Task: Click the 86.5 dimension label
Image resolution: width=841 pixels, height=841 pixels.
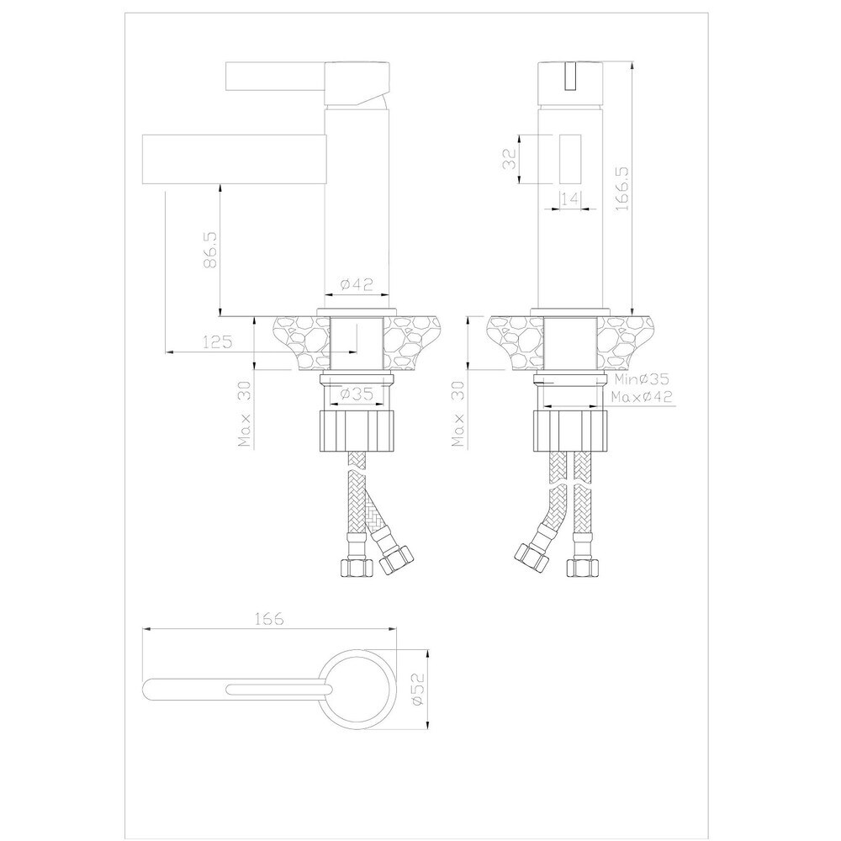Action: pos(211,250)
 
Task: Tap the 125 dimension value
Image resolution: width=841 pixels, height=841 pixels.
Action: pos(217,341)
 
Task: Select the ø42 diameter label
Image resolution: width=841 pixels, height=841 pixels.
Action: pos(357,283)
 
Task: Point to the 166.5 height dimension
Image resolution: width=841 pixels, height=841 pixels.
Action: pos(621,188)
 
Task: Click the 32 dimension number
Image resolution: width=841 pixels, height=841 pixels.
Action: pos(510,158)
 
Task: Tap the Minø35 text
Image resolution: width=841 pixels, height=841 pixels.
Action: pos(642,379)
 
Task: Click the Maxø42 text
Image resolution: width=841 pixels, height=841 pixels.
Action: pos(642,397)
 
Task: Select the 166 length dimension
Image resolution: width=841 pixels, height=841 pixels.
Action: pos(268,619)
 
